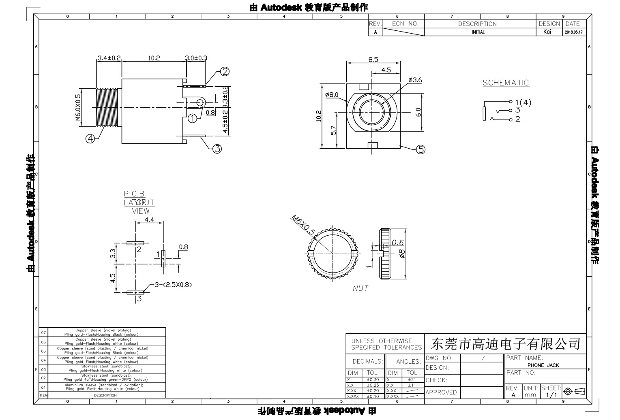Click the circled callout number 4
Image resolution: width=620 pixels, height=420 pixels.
tap(90, 139)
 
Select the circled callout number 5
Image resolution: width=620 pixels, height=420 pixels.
tap(420, 149)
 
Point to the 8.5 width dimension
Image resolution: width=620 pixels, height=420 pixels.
tap(373, 60)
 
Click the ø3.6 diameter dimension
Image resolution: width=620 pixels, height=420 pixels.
tap(415, 80)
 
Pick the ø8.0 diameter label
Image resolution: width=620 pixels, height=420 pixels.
tap(332, 95)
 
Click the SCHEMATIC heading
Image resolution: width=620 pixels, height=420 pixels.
tap(506, 83)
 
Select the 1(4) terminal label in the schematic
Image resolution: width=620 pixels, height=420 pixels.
tap(523, 102)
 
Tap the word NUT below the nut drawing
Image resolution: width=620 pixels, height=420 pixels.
tap(360, 288)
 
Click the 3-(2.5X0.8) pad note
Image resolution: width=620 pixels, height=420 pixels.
tap(173, 284)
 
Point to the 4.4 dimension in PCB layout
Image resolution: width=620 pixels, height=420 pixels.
tap(149, 220)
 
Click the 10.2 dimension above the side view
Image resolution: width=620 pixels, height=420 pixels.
tap(154, 58)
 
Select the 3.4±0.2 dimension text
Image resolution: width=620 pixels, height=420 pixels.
tap(109, 58)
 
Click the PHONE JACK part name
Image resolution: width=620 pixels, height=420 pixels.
tap(543, 365)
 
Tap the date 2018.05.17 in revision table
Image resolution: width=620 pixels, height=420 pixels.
tap(573, 32)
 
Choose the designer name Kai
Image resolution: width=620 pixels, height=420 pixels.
tap(547, 32)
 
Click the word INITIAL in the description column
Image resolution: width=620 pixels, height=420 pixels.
tap(478, 32)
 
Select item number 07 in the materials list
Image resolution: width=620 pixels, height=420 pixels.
tap(43, 333)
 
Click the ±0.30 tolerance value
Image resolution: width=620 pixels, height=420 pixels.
tap(372, 380)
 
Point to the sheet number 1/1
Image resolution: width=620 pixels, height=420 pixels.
tap(551, 394)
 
